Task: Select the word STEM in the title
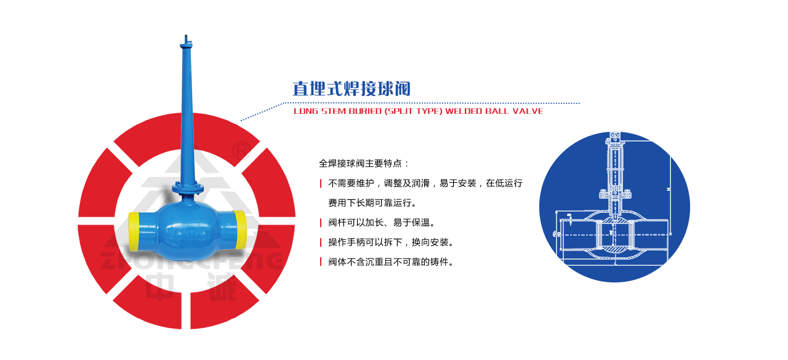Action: tap(328, 111)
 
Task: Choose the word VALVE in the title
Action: tap(528, 111)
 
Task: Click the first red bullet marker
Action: tap(321, 183)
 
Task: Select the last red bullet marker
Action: tap(321, 262)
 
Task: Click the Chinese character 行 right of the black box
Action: tap(518, 183)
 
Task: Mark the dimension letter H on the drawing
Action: tap(669, 190)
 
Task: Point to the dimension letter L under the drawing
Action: tap(615, 262)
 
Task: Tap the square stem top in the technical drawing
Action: tap(615, 137)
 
